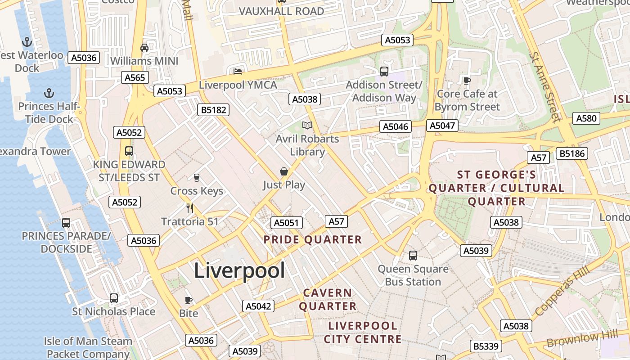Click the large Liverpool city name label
(x=239, y=270)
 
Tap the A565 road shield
(x=135, y=77)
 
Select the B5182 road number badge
(x=213, y=110)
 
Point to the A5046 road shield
(x=396, y=127)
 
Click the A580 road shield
(x=586, y=118)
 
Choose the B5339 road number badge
(x=486, y=346)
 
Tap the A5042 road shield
(x=258, y=306)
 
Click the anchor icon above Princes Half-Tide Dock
(x=49, y=93)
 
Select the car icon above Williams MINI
(x=144, y=48)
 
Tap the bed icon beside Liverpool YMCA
(x=238, y=71)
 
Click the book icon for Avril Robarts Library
(x=307, y=125)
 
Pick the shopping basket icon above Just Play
(x=284, y=171)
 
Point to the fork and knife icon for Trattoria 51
(x=190, y=208)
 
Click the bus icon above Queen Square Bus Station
(x=413, y=256)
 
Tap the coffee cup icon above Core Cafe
(x=467, y=81)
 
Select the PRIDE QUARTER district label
(x=313, y=240)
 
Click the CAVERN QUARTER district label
(x=328, y=299)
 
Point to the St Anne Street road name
(x=545, y=86)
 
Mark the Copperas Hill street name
(x=560, y=291)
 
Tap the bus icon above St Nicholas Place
(x=114, y=298)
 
